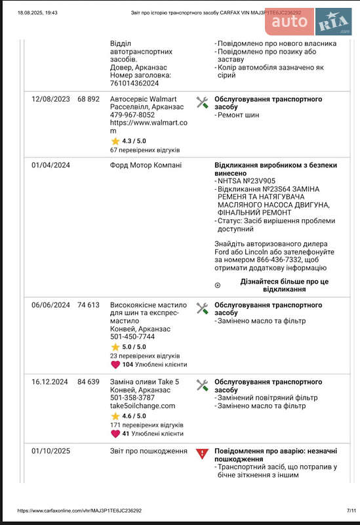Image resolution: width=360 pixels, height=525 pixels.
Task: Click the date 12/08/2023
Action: (50, 99)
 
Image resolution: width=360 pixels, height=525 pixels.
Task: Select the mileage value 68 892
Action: (89, 99)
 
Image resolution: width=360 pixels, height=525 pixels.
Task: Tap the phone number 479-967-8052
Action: (132, 115)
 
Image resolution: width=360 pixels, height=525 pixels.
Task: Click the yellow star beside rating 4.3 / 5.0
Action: (115, 140)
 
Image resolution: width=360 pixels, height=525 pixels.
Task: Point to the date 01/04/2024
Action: (50, 165)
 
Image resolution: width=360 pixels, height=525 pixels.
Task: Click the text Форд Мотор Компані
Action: (146, 165)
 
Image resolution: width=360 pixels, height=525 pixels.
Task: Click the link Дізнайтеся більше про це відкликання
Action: (284, 285)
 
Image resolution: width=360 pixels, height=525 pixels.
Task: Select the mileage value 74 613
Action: (89, 305)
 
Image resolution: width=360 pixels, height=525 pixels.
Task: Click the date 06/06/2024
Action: (50, 305)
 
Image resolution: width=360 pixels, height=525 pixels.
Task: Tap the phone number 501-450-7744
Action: (132, 337)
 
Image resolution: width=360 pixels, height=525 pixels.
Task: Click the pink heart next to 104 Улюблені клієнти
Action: (115, 364)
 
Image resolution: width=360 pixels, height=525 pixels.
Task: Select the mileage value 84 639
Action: (89, 381)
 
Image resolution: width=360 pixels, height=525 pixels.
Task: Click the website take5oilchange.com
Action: (143, 406)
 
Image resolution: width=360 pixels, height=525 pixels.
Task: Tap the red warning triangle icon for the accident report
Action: (202, 453)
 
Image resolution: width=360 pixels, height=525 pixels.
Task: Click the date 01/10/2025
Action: (50, 451)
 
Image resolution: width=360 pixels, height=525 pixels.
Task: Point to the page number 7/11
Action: (351, 510)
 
